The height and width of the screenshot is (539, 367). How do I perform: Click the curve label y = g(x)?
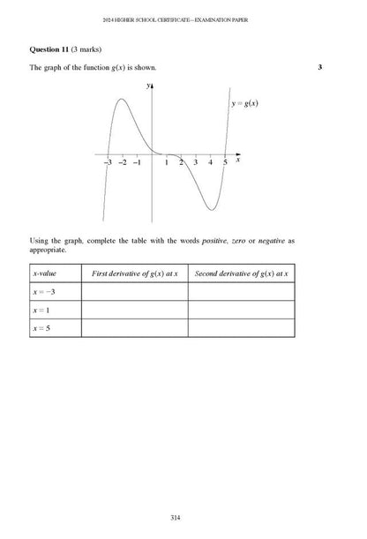244,103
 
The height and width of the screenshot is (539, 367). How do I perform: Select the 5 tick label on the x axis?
225,162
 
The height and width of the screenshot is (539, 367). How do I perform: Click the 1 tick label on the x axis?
167,162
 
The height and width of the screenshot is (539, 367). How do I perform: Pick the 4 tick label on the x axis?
210,162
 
